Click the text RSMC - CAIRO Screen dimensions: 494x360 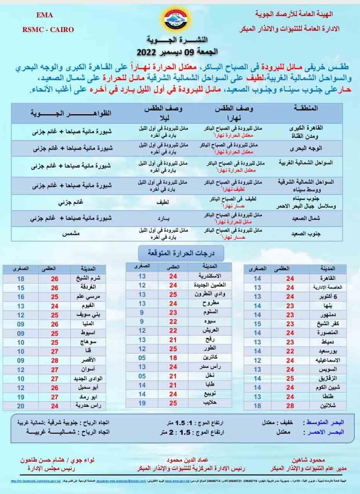coord(48,29)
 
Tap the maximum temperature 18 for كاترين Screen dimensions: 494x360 coord(173,357)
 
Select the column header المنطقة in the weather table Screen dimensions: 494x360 coord(306,109)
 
